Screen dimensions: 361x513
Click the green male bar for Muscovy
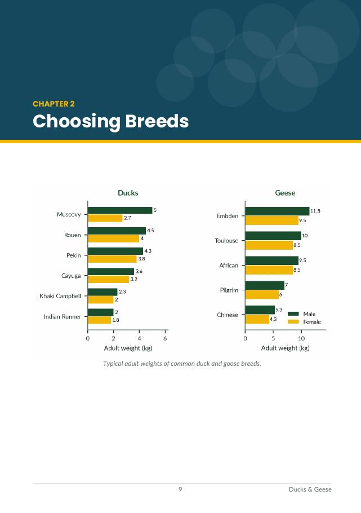(x=120, y=210)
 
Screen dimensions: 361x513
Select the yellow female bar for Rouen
(x=113, y=238)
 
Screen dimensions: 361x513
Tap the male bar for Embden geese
(x=277, y=211)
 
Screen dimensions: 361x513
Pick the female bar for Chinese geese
(x=257, y=319)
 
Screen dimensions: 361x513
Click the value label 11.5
(x=315, y=211)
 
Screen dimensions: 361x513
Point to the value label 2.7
(x=127, y=218)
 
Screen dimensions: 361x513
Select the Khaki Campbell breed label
(x=60, y=296)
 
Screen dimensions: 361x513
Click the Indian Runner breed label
(x=63, y=317)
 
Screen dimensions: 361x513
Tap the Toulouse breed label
(x=226, y=241)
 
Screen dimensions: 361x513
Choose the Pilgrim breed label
(x=229, y=290)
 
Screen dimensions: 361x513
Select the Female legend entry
(x=304, y=322)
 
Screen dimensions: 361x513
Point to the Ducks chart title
(x=128, y=193)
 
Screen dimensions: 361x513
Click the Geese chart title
(x=285, y=193)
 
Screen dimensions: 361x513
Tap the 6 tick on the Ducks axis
(x=165, y=338)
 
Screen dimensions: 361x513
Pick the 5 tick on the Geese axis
(x=273, y=338)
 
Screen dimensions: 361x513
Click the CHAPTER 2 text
(x=54, y=104)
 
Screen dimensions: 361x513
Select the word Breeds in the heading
(x=157, y=121)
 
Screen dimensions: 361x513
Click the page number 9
(x=180, y=489)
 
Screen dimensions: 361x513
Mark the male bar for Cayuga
(x=111, y=272)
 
